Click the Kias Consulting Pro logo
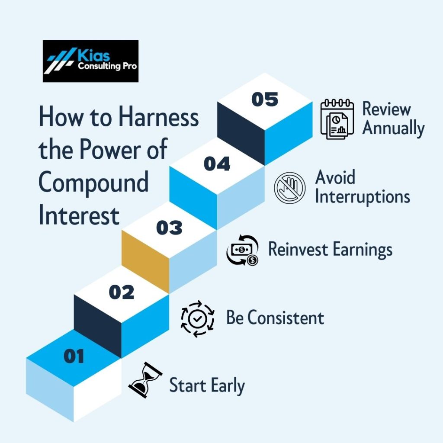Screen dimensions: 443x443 (91, 61)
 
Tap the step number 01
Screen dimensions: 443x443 (74, 356)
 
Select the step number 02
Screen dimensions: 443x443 (122, 292)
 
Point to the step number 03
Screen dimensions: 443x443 (169, 228)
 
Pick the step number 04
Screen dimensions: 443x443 (217, 164)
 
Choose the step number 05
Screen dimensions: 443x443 (265, 99)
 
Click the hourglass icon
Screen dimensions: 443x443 (145, 380)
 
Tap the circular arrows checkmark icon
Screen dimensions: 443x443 (197, 319)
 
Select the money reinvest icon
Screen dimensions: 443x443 (242, 250)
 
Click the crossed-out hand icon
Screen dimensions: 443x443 (289, 188)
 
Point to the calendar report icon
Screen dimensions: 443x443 (337, 119)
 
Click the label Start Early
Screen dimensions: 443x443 (207, 385)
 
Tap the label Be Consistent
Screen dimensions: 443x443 (275, 318)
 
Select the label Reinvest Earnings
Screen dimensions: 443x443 (330, 250)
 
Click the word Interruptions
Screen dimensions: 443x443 (363, 197)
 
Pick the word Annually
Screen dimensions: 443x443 (393, 128)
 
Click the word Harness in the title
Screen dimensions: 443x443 (158, 116)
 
